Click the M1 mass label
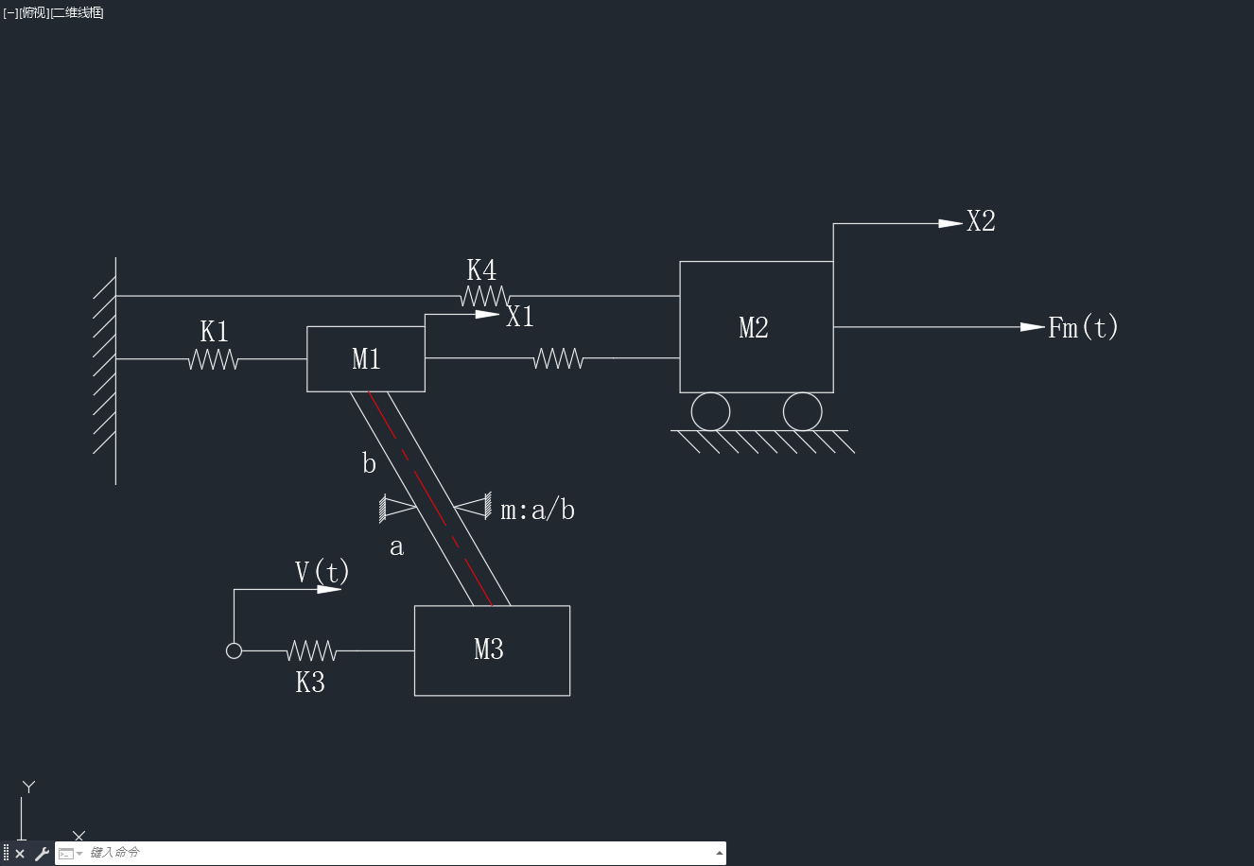[366, 359]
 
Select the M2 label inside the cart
[754, 328]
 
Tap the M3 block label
[489, 649]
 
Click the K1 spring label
[215, 332]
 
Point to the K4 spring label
[481, 269]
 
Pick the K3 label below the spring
[310, 683]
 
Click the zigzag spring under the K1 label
[214, 359]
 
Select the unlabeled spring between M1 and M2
[558, 358]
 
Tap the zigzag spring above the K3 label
[311, 651]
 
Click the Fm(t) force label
[1083, 327]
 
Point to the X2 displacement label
[981, 221]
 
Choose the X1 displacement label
[520, 317]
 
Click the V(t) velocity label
[322, 572]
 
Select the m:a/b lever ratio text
[537, 510]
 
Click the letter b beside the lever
[369, 463]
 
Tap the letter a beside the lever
[396, 546]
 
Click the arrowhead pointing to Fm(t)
[1033, 327]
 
